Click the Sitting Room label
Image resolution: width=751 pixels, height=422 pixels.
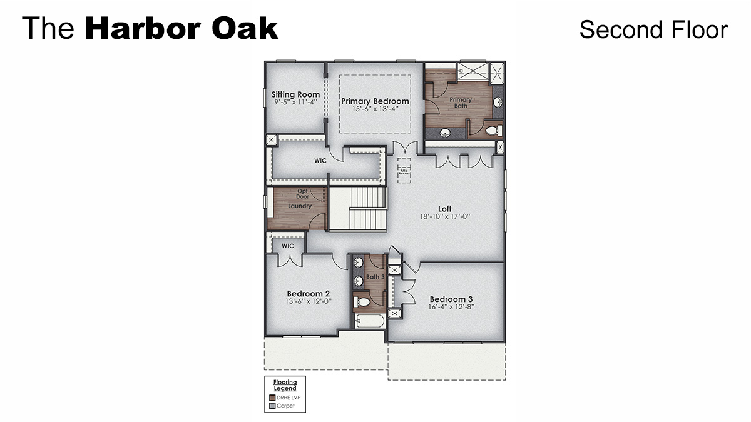tap(295, 95)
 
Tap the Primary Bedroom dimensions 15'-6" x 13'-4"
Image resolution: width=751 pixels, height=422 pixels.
tap(375, 109)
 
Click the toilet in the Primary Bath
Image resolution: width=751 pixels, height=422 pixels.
tap(492, 131)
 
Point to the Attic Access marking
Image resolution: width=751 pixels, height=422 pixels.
tap(403, 171)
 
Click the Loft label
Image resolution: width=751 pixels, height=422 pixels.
tap(444, 209)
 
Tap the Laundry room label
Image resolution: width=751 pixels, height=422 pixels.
tap(300, 206)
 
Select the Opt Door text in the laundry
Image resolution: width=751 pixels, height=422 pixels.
tap(303, 194)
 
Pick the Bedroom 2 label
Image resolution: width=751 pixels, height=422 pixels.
tap(308, 293)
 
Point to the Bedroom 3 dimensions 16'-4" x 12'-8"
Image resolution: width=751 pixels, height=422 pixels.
tap(452, 307)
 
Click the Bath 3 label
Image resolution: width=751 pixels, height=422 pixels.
tap(375, 277)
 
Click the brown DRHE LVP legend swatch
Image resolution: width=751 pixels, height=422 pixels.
tap(272, 398)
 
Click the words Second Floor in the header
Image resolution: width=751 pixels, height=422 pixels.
tap(653, 29)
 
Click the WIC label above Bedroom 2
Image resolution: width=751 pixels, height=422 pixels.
tap(287, 246)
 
